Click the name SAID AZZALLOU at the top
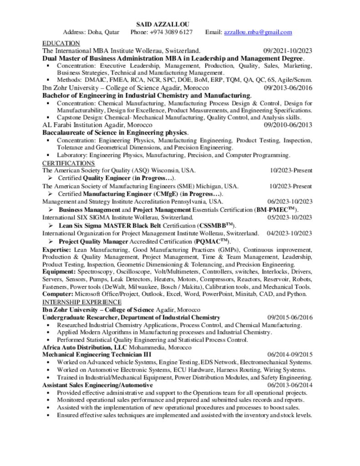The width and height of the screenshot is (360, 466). [163, 24]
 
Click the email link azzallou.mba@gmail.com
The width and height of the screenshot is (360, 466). [258, 32]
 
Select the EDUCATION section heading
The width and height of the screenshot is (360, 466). [61, 43]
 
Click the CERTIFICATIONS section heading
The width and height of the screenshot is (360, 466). [68, 163]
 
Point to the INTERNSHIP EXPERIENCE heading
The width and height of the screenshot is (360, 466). [82, 302]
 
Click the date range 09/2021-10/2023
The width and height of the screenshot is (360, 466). [288, 51]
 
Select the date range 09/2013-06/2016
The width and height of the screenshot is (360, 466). [288, 88]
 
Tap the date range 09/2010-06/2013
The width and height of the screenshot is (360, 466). [288, 125]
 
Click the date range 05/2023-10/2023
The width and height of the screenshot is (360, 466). [289, 218]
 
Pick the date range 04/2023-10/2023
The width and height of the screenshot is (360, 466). [289, 233]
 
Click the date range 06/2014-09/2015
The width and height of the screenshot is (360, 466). [289, 354]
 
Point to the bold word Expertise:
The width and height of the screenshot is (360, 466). [57, 249]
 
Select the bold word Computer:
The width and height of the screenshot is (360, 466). [58, 294]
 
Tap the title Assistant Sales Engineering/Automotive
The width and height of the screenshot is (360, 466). [97, 385]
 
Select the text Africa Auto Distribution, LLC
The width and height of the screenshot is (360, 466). [78, 347]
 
